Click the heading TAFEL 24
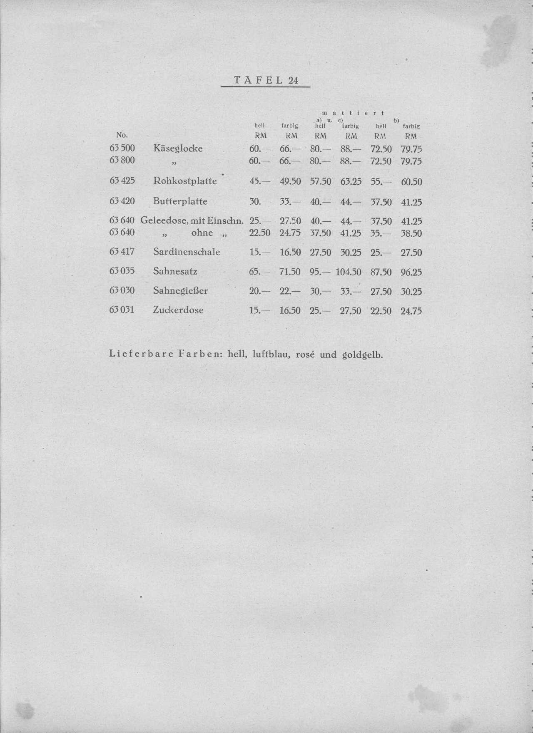[x=266, y=80]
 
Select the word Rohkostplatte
[x=185, y=181]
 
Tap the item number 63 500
[x=122, y=148]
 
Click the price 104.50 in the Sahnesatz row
[x=348, y=272]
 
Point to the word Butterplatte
[x=180, y=201]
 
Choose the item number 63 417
[x=122, y=252]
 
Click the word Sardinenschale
[x=187, y=252]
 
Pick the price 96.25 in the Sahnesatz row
[x=411, y=272]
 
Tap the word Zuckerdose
[x=178, y=310]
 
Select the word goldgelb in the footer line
[x=361, y=355]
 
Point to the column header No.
[x=122, y=135]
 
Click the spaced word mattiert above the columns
[x=353, y=113]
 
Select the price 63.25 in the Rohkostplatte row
[x=351, y=182]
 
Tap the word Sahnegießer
[x=180, y=291]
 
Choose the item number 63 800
[x=122, y=160]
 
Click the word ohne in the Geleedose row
[x=202, y=233]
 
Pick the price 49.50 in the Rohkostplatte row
[x=290, y=182]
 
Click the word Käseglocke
[x=178, y=148]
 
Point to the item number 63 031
[x=122, y=310]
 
